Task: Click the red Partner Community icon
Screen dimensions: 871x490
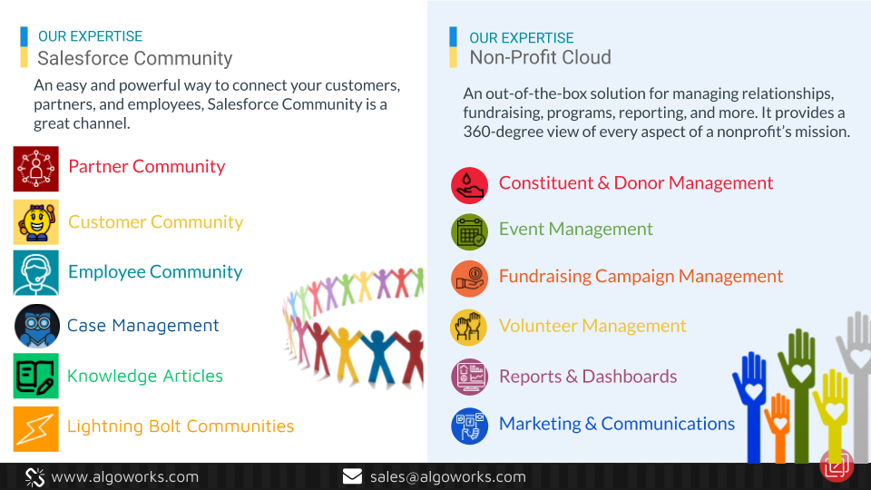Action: pyautogui.click(x=36, y=169)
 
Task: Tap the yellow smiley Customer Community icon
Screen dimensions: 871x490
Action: pyautogui.click(x=36, y=222)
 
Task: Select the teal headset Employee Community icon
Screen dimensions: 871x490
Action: pyautogui.click(x=36, y=273)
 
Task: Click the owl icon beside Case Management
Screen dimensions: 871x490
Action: pyautogui.click(x=36, y=326)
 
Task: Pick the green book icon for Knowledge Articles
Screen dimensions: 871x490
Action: pyautogui.click(x=36, y=376)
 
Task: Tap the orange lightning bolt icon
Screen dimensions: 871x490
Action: pyautogui.click(x=36, y=429)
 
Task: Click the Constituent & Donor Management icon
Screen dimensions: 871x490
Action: pyautogui.click(x=469, y=185)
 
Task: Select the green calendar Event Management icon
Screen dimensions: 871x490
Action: pyautogui.click(x=469, y=232)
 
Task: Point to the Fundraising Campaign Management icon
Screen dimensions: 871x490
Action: pyautogui.click(x=469, y=279)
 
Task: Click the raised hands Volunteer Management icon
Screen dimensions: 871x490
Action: pyautogui.click(x=468, y=328)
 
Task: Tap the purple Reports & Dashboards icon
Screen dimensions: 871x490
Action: pyautogui.click(x=469, y=377)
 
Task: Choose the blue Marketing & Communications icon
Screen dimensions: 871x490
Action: pyautogui.click(x=469, y=426)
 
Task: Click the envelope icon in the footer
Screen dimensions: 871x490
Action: pyautogui.click(x=352, y=476)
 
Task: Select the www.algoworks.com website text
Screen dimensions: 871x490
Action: pyautogui.click(x=125, y=476)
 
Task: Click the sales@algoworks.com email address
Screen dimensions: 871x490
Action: pyautogui.click(x=447, y=476)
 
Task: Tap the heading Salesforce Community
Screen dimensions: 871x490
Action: pyautogui.click(x=134, y=58)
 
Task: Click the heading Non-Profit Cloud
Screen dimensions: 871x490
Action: pyautogui.click(x=540, y=57)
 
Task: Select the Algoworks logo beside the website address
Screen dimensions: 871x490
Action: pyautogui.click(x=35, y=477)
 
